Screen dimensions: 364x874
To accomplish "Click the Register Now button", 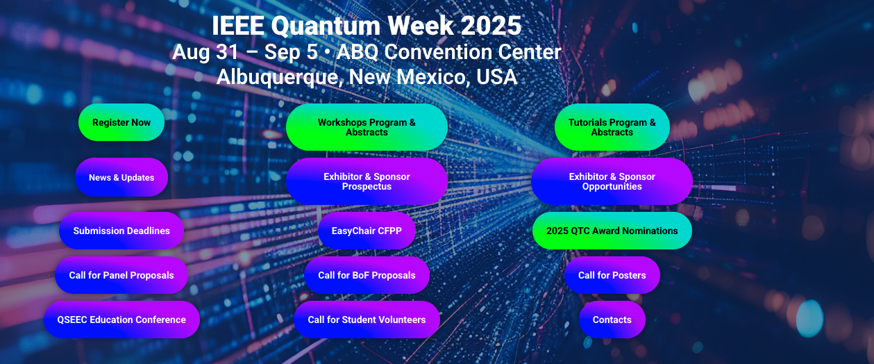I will [121, 122].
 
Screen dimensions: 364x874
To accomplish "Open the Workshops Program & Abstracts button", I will [367, 127].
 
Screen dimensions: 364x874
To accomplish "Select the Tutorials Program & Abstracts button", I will [612, 127].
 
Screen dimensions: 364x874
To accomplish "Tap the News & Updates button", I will [121, 177].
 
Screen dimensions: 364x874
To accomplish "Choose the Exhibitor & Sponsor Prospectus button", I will [367, 181].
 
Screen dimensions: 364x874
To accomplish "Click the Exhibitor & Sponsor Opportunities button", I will [612, 181].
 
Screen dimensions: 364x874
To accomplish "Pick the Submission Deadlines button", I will [121, 231].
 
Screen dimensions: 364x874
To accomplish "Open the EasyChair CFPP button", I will [367, 231].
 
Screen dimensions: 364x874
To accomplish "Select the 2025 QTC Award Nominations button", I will [612, 231].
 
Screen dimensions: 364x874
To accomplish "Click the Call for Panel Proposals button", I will [121, 275].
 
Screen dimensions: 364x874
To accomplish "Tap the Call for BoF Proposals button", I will [367, 275].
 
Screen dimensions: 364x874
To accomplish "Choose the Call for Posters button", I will [612, 275].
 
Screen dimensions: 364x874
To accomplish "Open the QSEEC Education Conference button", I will [121, 320].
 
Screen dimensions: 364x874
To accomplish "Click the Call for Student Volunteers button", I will [367, 320].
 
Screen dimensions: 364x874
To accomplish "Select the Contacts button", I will [612, 320].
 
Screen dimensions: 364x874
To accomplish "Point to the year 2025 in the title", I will [490, 26].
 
